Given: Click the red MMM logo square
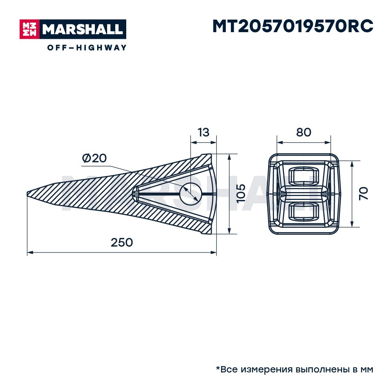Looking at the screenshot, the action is [x=29, y=29].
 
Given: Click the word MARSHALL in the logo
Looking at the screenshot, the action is [x=82, y=29].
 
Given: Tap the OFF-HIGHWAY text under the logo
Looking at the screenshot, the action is [x=87, y=47].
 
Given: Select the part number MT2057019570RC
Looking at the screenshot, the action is [x=293, y=26].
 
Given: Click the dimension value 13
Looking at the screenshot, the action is [x=203, y=132].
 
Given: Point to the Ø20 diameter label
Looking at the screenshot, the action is [x=94, y=158].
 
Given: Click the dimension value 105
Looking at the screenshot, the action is [x=241, y=194].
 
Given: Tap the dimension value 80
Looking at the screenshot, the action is [x=303, y=132].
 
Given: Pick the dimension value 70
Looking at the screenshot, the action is [x=364, y=194].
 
